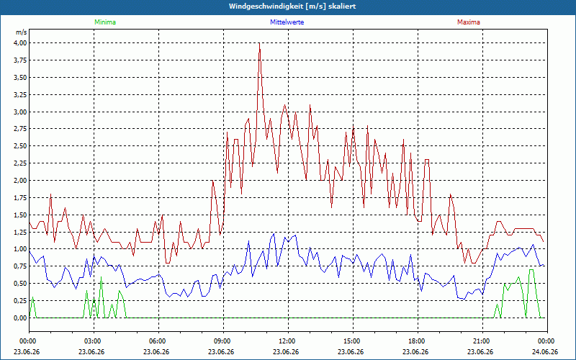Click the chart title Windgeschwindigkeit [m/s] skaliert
point(292,6)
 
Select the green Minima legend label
point(105,22)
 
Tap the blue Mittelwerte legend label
point(287,22)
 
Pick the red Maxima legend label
point(469,22)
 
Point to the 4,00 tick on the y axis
point(21,43)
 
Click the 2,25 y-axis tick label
point(21,163)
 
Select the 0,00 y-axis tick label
point(21,318)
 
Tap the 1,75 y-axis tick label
point(21,197)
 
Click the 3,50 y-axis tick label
point(21,78)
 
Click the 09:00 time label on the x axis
point(223,341)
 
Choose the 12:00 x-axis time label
point(288,341)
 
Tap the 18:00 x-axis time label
point(418,341)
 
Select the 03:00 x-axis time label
point(94,341)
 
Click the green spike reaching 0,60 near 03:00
point(101,277)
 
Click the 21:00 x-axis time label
point(482,341)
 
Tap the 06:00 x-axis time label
point(158,341)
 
